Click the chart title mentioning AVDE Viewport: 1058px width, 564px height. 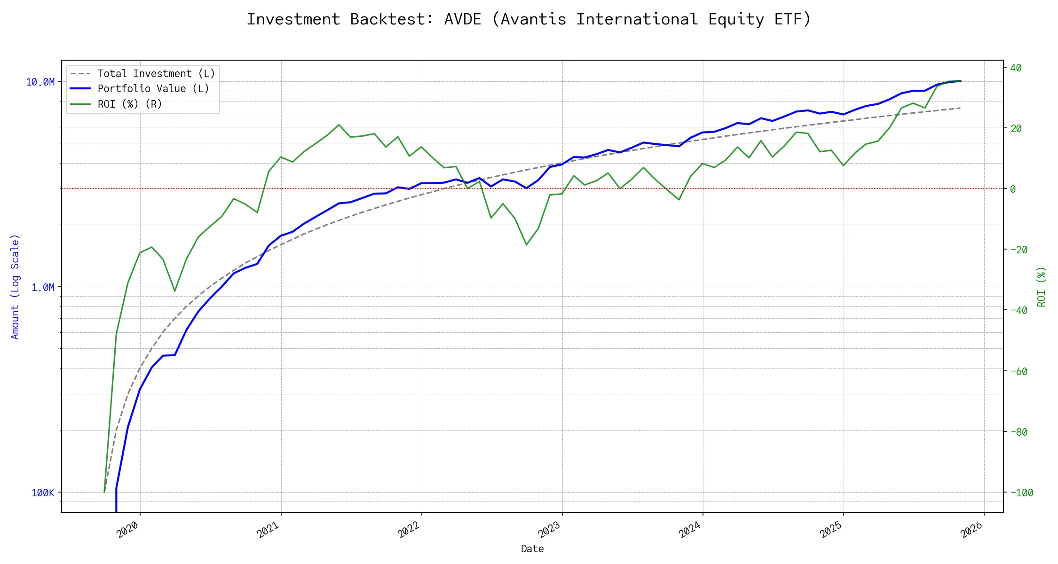529,19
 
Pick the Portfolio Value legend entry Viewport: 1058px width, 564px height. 153,89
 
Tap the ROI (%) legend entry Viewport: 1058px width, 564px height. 130,104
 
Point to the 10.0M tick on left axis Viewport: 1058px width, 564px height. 40,82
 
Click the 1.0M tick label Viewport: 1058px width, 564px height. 43,287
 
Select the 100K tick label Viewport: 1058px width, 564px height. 43,493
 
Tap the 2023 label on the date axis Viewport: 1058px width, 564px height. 550,530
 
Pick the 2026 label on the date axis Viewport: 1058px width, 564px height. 972,530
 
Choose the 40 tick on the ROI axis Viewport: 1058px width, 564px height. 1016,68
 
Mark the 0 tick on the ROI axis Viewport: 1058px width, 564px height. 1013,189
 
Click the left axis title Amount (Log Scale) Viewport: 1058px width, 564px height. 15,287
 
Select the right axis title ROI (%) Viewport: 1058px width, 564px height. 1041,287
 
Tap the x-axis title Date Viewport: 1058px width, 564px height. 532,549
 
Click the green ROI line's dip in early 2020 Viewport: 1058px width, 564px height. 175,291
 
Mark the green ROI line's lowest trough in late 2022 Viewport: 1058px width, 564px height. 526,245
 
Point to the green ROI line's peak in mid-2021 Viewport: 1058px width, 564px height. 339,125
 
